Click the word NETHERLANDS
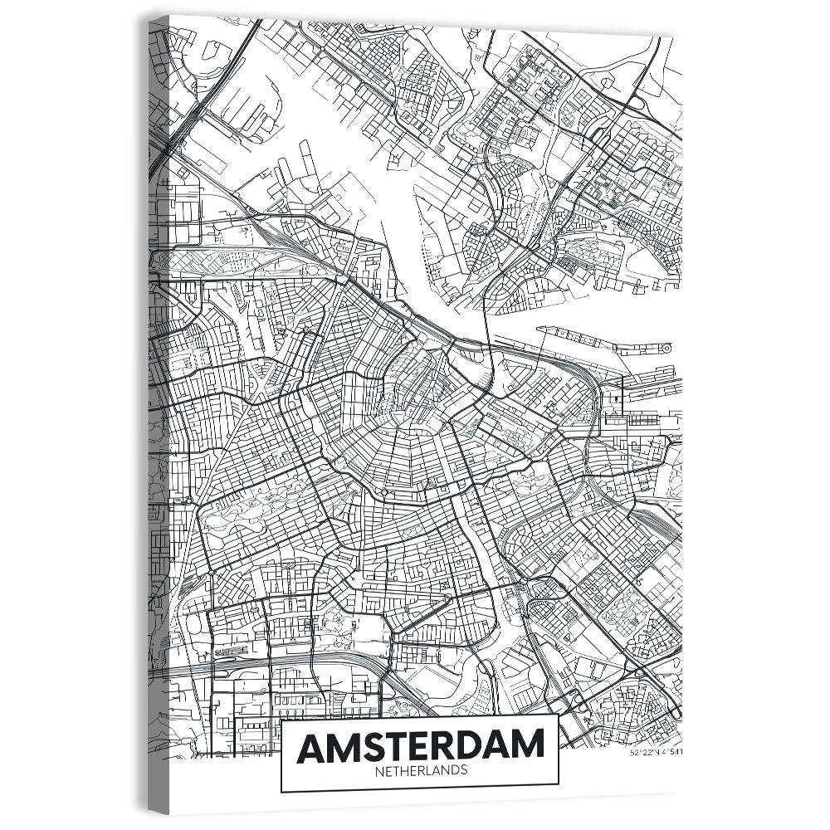[x=420, y=770]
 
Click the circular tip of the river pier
[x=666, y=349]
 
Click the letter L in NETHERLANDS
[x=427, y=770]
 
